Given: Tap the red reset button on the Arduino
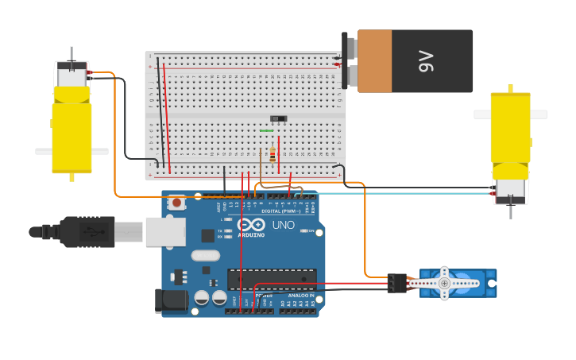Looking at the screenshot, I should [176, 203].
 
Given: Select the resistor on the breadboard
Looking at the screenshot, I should [273, 154].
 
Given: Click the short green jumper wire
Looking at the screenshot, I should [267, 130].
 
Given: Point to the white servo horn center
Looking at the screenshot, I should [444, 283].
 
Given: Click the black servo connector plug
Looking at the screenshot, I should [396, 283].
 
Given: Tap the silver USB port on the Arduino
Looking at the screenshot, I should [165, 231].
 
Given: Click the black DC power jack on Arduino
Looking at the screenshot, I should [171, 301].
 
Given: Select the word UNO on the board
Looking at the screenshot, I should [284, 225].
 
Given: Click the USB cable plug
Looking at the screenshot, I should [87, 231].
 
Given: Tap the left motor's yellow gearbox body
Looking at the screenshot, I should [72, 131].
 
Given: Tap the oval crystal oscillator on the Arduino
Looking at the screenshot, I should [205, 256].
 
